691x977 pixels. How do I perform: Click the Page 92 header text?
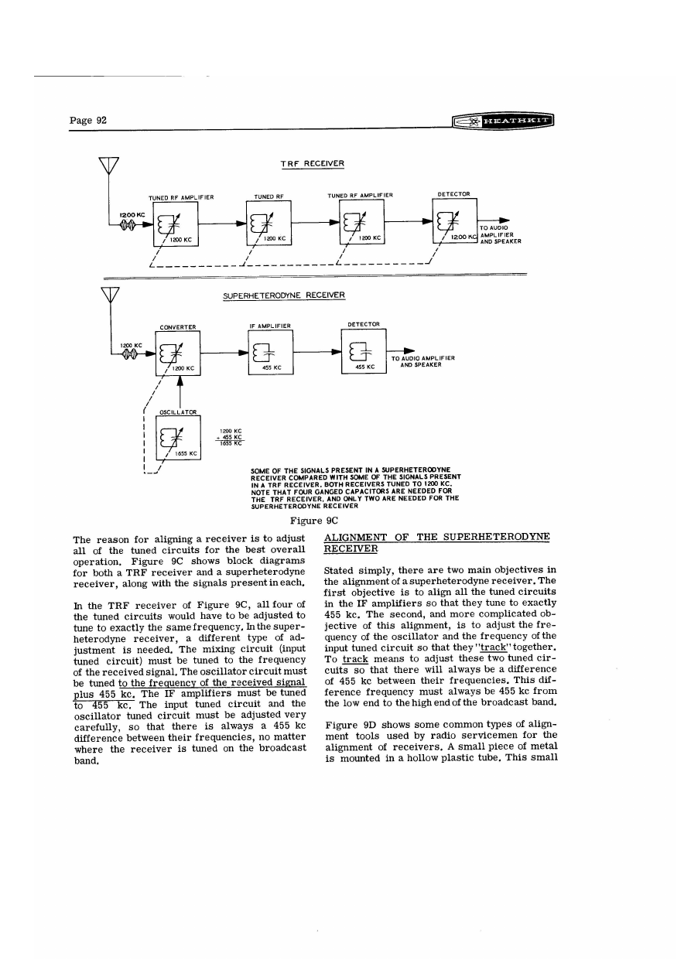pyautogui.click(x=87, y=120)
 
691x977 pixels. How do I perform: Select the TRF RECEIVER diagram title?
pyautogui.click(x=312, y=163)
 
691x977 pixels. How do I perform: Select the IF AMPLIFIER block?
pyautogui.click(x=270, y=352)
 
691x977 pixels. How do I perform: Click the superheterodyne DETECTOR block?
pyautogui.click(x=363, y=351)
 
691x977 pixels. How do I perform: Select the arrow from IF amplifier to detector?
pyautogui.click(x=317, y=351)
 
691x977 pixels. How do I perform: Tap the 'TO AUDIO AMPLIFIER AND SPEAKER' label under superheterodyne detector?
pyautogui.click(x=422, y=361)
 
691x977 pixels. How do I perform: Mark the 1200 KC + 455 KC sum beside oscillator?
pyautogui.click(x=232, y=438)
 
